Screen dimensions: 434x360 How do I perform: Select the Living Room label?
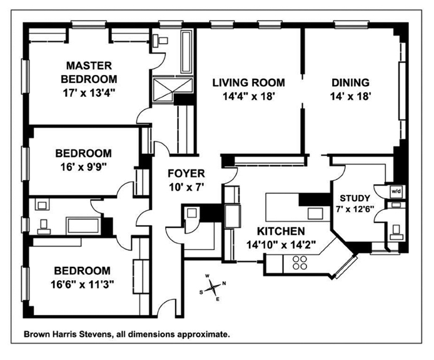click(x=248, y=82)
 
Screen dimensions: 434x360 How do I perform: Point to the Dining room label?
click(x=351, y=82)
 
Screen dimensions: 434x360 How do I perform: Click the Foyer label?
click(x=186, y=173)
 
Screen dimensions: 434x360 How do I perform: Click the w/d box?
click(x=396, y=191)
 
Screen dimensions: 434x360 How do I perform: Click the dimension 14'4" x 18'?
click(x=248, y=96)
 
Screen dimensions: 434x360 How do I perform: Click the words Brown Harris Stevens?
click(x=68, y=334)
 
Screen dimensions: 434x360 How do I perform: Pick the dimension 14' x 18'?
click(x=351, y=96)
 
